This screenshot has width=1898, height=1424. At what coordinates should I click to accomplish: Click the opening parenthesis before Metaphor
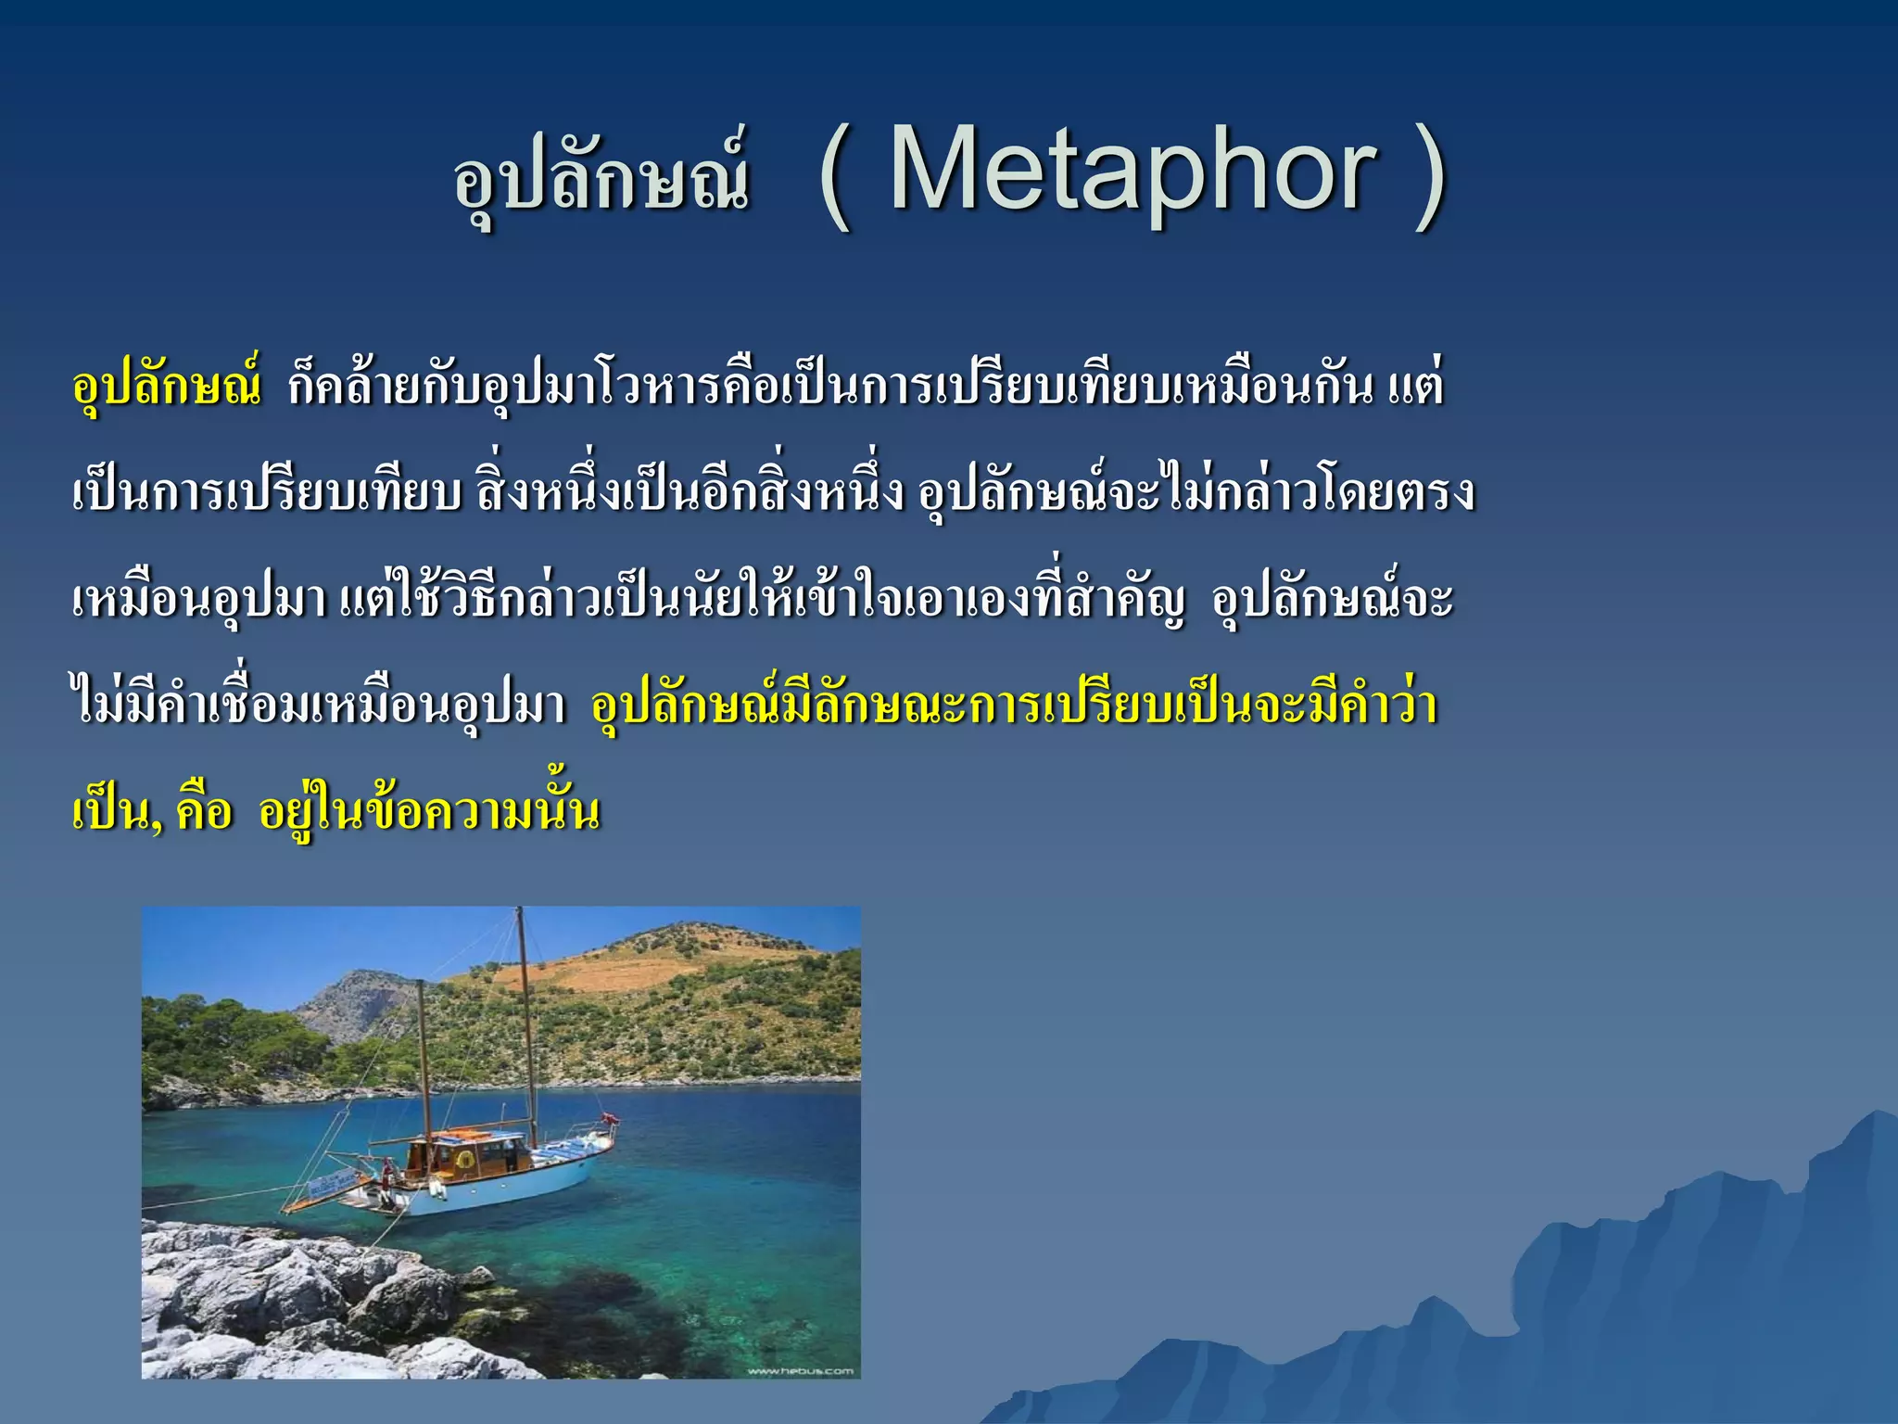[x=835, y=176]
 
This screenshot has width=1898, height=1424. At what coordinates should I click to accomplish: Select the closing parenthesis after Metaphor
[x=1430, y=176]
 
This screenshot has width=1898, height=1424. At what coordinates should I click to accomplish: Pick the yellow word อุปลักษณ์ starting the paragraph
[x=167, y=385]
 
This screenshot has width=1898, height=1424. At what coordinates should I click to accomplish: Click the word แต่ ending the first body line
[x=1416, y=385]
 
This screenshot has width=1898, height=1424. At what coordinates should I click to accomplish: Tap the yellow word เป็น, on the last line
[x=117, y=811]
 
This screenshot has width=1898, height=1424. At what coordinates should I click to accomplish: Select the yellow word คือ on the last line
[x=204, y=811]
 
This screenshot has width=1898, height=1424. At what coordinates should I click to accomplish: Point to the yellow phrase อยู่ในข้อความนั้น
[x=428, y=811]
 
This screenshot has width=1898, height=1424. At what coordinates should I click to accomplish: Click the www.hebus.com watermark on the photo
[x=800, y=1370]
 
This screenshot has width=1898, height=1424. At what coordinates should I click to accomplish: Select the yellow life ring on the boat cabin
[x=466, y=1159]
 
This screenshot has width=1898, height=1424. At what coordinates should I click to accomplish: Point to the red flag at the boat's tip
[x=610, y=1119]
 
